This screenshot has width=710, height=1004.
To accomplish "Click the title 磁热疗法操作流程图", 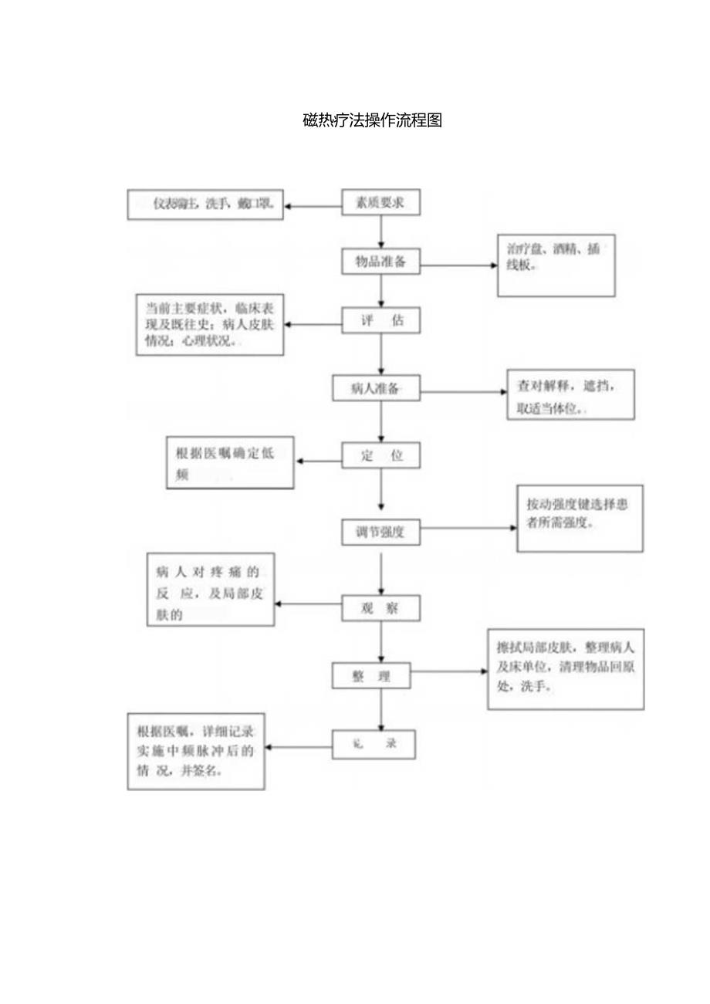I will point(372,120).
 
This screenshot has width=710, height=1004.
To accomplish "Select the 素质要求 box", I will point(381,204).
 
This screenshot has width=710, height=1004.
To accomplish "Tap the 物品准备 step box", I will point(381,262).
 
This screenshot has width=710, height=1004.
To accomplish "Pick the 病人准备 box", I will point(376,389).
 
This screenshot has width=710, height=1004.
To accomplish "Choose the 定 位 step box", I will point(381,455).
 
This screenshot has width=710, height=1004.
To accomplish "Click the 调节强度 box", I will point(381,532).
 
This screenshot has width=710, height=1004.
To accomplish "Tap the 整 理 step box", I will point(371,677).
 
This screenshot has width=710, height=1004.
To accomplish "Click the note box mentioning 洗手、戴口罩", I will point(205,205).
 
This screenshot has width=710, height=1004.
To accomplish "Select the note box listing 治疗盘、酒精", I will point(556,267).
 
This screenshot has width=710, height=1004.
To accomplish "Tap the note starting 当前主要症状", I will point(210,325).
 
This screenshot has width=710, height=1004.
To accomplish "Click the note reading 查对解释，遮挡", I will point(570,394).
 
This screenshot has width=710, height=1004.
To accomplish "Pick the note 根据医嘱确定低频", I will point(230,463).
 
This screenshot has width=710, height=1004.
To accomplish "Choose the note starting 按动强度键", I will point(579,518).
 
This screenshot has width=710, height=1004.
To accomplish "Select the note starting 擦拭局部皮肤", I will point(565,669).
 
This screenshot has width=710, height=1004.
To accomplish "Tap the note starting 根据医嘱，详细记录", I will point(196,751).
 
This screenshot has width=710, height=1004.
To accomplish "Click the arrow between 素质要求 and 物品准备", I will point(381,232).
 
